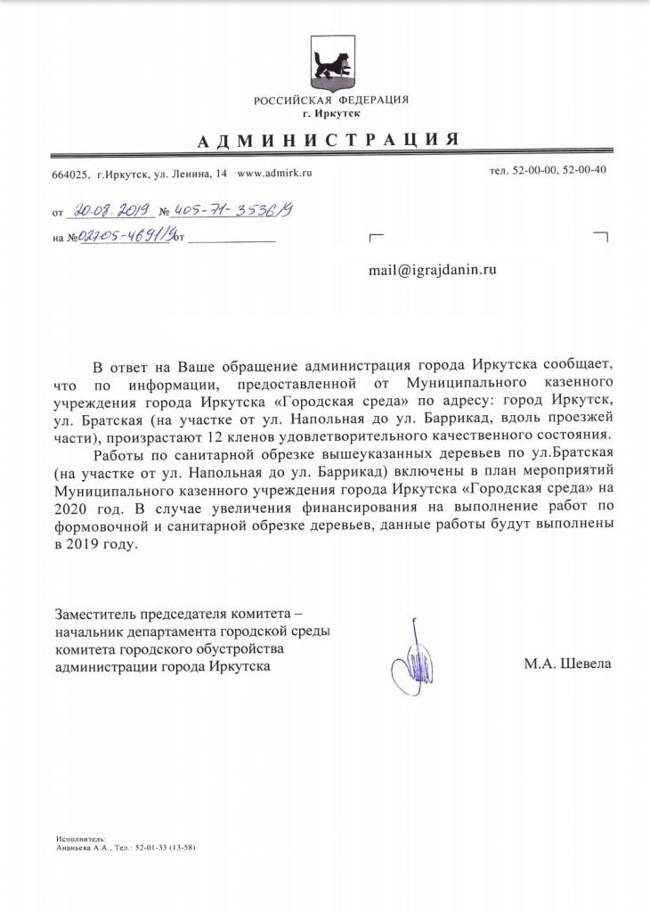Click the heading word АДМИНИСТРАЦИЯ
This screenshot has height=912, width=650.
pos(329,140)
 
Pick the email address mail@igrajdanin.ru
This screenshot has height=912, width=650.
pos(432,270)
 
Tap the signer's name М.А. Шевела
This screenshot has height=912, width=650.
pos(568,664)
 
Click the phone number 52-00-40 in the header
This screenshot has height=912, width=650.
pos(583,170)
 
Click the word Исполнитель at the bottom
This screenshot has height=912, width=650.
pos(80,839)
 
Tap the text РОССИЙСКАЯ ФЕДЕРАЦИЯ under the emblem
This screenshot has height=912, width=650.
pos(330,100)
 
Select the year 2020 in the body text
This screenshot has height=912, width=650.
pos(73,509)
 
